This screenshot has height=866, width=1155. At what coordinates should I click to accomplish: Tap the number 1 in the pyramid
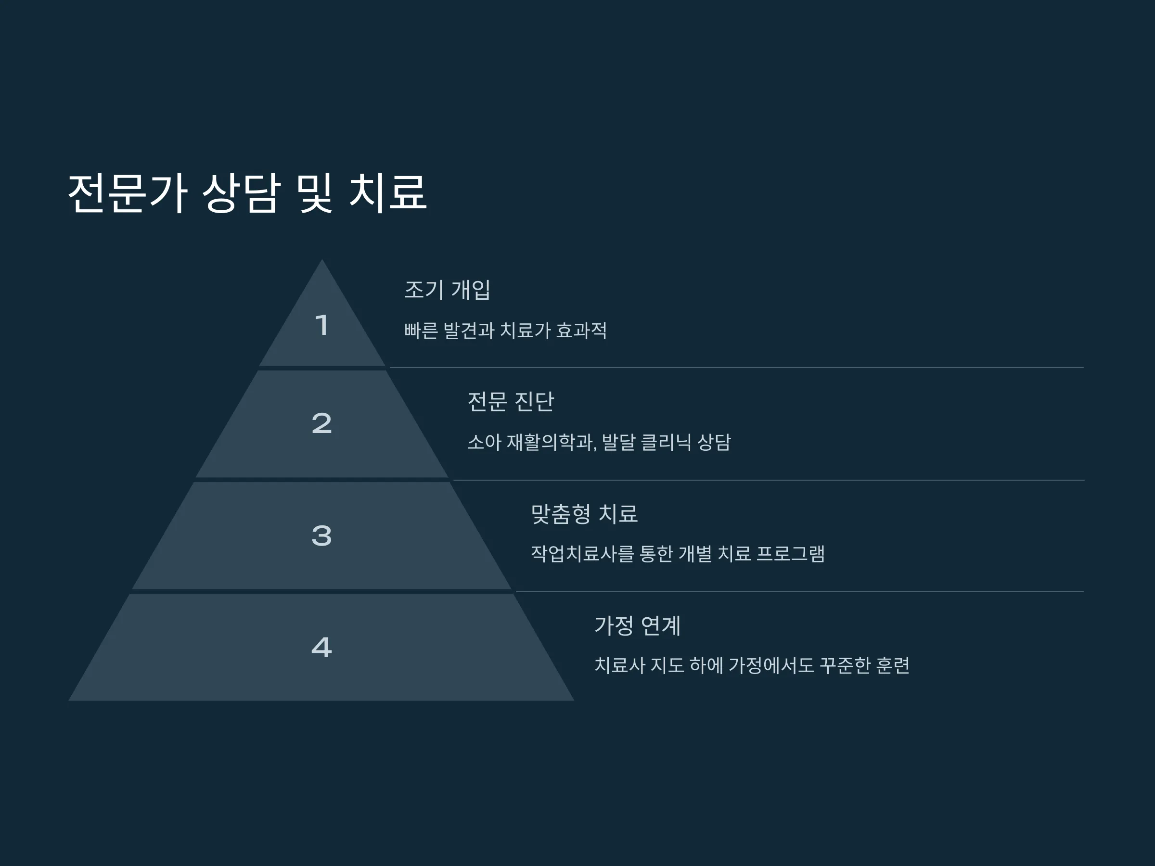(x=321, y=325)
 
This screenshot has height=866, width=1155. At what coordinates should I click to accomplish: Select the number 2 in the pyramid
(x=321, y=423)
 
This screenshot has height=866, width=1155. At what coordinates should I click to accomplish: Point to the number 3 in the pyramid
(x=321, y=535)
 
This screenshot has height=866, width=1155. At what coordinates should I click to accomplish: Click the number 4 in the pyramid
(x=321, y=647)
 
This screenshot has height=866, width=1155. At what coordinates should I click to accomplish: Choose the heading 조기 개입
(x=448, y=290)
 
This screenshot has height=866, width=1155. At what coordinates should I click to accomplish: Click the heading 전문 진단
(x=511, y=401)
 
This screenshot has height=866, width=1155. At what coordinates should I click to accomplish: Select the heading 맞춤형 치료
(x=584, y=514)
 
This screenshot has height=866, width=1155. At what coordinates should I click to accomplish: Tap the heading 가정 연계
(x=638, y=625)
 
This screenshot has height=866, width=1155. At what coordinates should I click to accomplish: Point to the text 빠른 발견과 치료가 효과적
(x=505, y=331)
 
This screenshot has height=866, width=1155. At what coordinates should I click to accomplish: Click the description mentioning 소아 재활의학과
(x=599, y=442)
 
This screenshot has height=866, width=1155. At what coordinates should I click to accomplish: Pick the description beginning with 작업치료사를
(x=678, y=553)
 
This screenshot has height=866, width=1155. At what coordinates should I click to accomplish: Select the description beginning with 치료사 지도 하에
(x=752, y=665)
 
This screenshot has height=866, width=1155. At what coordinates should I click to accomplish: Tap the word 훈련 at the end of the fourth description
(x=893, y=665)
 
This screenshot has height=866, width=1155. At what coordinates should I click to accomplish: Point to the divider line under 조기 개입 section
(x=736, y=368)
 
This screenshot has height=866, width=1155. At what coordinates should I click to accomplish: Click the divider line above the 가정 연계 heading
(x=799, y=591)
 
